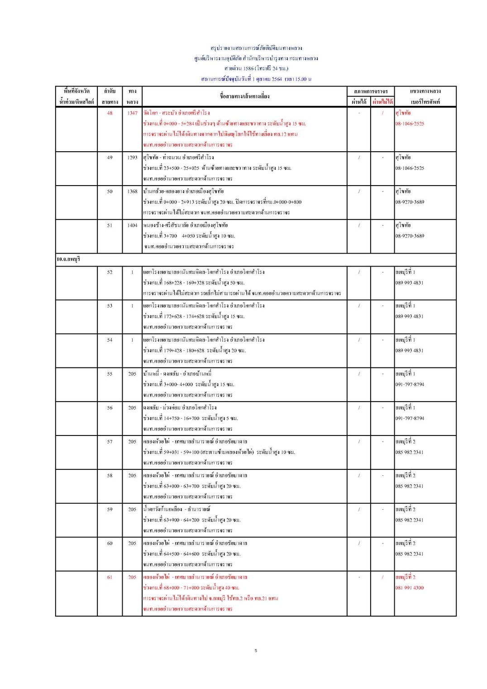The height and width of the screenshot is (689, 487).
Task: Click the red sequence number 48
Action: tap(110, 113)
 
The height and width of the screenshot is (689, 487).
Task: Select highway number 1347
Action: tap(132, 113)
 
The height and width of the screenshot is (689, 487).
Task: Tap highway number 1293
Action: tap(132, 158)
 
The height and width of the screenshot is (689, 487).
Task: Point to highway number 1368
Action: tap(132, 191)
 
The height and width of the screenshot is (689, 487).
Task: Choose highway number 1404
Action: tap(132, 225)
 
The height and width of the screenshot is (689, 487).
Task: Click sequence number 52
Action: tap(110, 272)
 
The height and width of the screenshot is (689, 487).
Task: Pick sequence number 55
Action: tap(110, 374)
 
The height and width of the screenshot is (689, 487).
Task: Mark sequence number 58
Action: tap(110, 476)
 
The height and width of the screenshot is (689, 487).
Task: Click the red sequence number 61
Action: tap(110, 577)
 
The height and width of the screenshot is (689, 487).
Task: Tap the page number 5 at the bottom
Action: tap(256, 651)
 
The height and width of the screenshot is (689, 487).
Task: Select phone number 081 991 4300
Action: tap(409, 588)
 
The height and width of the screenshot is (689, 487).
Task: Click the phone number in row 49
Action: tap(410, 168)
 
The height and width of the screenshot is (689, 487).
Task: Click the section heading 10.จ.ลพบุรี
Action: tap(68, 259)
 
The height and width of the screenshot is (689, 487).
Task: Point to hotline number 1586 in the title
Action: tap(248, 68)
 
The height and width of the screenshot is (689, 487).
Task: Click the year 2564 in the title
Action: tap(276, 79)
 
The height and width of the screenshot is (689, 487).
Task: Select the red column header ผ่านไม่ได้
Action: tap(382, 102)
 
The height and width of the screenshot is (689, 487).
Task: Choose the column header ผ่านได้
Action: tap(359, 102)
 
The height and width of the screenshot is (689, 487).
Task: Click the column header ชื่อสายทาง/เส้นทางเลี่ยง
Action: tap(244, 96)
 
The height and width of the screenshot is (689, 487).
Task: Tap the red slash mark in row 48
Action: tap(382, 113)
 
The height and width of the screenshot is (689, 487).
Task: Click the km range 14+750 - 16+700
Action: tap(181, 418)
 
